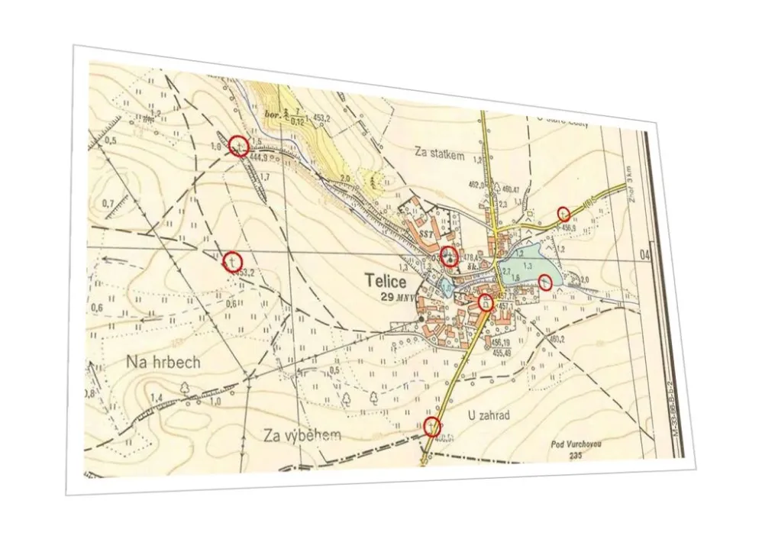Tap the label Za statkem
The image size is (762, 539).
(x=439, y=153)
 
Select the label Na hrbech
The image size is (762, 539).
(x=163, y=362)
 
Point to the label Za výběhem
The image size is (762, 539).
(x=302, y=435)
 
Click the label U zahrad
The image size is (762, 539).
(x=487, y=415)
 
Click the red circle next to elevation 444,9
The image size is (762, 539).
(x=239, y=146)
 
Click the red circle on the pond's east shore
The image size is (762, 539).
(x=544, y=281)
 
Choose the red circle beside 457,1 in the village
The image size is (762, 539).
(x=484, y=302)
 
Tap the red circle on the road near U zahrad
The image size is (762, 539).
(x=432, y=427)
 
